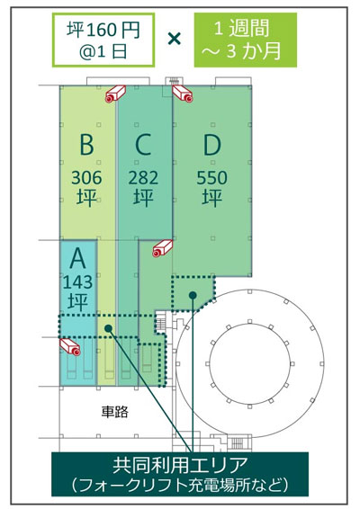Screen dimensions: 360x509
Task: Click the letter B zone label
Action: click(x=86, y=144)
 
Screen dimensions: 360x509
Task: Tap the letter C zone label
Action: click(x=143, y=144)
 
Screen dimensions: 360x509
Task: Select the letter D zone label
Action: click(x=211, y=144)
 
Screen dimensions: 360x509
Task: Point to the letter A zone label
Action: click(x=77, y=258)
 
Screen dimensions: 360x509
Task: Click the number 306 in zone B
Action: click(x=86, y=177)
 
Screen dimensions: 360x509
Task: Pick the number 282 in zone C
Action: click(x=143, y=177)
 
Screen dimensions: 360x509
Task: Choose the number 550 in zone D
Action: click(x=211, y=177)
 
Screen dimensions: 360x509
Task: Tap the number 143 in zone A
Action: click(x=77, y=282)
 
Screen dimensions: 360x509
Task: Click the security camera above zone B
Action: click(x=115, y=94)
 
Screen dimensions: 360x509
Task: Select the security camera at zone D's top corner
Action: click(x=183, y=94)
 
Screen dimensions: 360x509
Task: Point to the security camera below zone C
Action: click(x=163, y=249)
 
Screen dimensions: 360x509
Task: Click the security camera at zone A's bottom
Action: click(x=70, y=347)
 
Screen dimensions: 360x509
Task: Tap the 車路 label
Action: click(x=114, y=411)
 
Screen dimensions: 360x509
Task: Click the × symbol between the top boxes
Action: click(x=175, y=40)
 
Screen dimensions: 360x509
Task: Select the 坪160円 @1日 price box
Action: click(x=103, y=40)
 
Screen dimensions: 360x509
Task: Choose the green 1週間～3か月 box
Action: click(x=246, y=40)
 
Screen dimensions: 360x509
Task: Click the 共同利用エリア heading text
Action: click(x=180, y=465)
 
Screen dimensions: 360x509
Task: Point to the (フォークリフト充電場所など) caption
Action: click(x=180, y=486)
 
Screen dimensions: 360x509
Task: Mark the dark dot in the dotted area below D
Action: click(x=193, y=295)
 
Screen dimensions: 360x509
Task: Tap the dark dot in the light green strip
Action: click(x=108, y=328)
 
